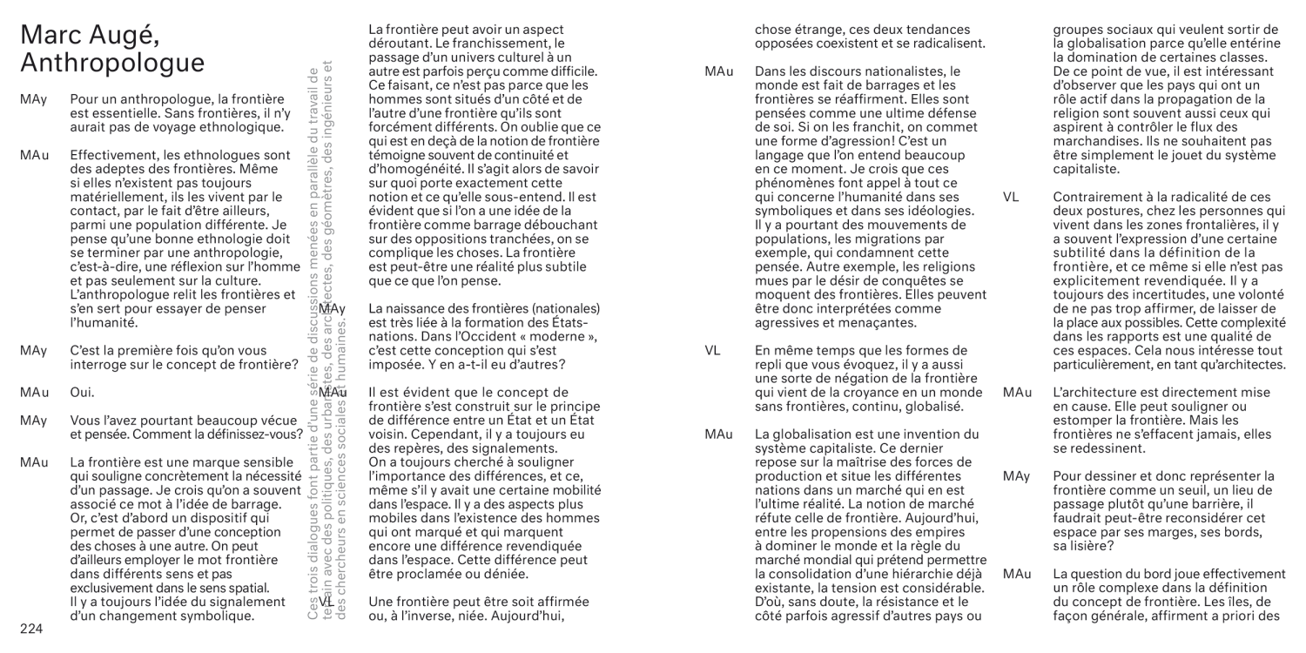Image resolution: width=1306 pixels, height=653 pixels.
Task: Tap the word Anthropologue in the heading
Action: click(x=112, y=64)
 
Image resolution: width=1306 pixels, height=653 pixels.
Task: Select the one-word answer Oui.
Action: click(x=82, y=393)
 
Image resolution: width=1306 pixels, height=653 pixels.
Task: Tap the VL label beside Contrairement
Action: click(x=1010, y=197)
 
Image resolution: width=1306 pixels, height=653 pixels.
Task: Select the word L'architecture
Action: click(x=1096, y=393)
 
